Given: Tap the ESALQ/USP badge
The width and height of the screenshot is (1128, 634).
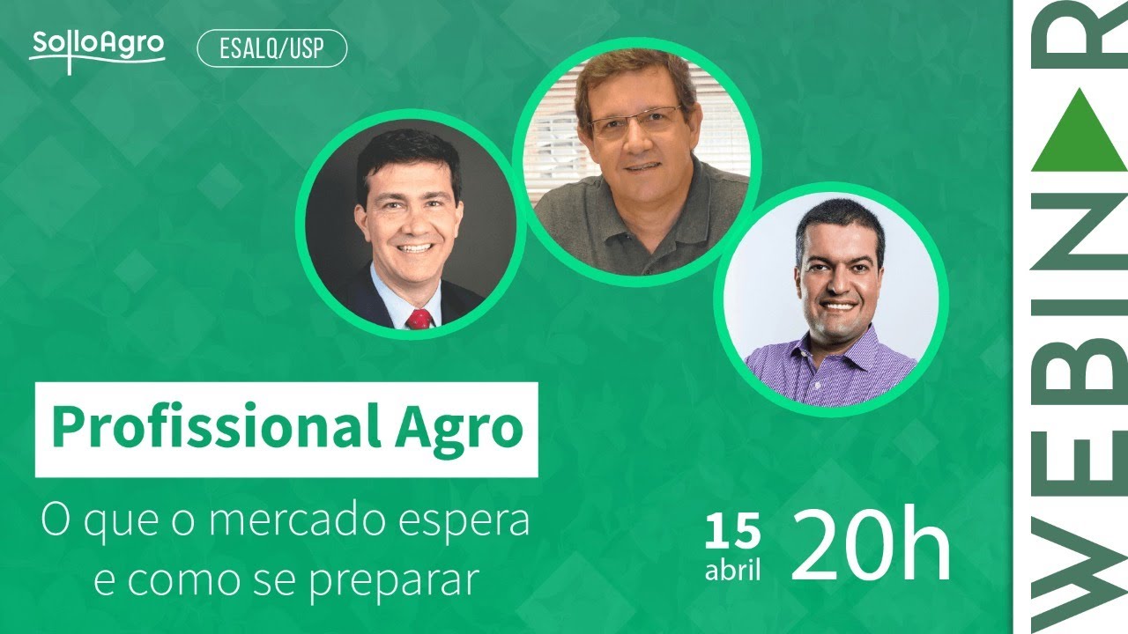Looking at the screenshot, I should pyautogui.click(x=271, y=50).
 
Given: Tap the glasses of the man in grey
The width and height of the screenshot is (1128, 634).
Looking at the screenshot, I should pyautogui.click(x=635, y=122).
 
